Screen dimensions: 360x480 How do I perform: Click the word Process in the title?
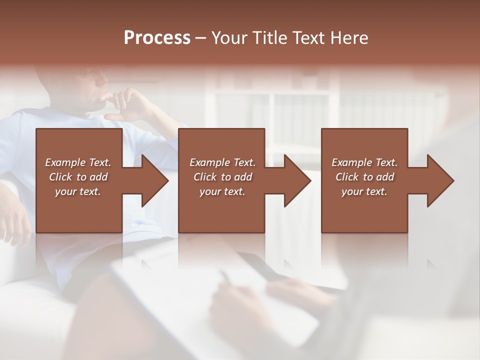pyautogui.click(x=157, y=38)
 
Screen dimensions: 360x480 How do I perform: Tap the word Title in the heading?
pyautogui.click(x=270, y=38)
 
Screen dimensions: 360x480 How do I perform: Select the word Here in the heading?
pyautogui.click(x=349, y=38)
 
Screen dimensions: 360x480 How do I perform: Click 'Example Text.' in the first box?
pyautogui.click(x=78, y=162)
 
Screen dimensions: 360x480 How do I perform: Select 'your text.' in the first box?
pyautogui.click(x=78, y=191)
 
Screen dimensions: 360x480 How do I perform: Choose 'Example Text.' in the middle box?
pyautogui.click(x=222, y=162)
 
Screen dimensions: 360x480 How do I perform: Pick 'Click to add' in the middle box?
pyautogui.click(x=222, y=177)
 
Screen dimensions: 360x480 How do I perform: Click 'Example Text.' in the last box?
pyautogui.click(x=364, y=162)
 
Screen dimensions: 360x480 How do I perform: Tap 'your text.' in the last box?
pyautogui.click(x=364, y=191)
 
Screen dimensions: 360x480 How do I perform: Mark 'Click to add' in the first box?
pyautogui.click(x=78, y=177)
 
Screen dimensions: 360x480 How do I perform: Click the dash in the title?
pyautogui.click(x=201, y=38)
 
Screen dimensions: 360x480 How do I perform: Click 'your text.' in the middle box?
pyautogui.click(x=222, y=191)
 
